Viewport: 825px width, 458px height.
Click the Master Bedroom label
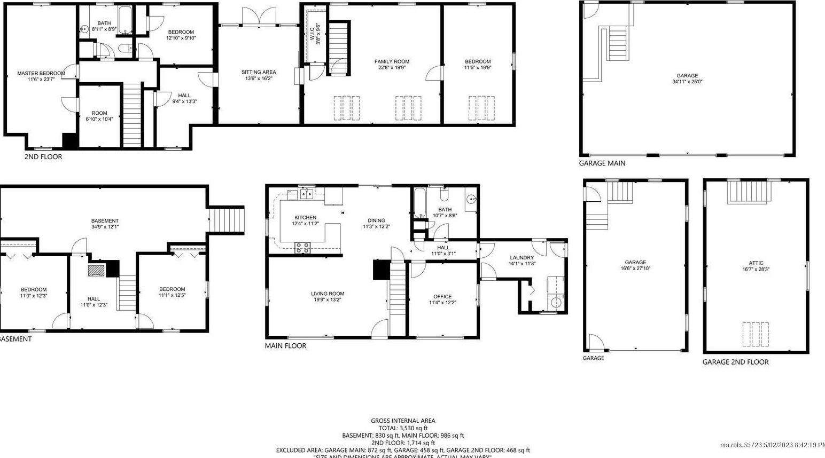pyautogui.click(x=41, y=74)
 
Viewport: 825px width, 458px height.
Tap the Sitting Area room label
pyautogui.click(x=259, y=72)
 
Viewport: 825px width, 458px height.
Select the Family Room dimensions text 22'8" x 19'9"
pyautogui.click(x=392, y=68)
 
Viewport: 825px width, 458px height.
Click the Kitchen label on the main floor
pyautogui.click(x=305, y=217)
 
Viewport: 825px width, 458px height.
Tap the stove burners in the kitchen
pyautogui.click(x=303, y=247)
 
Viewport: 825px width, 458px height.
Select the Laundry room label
pyautogui.click(x=522, y=257)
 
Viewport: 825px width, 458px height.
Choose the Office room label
pyautogui.click(x=442, y=296)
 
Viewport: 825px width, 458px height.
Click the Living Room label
pyautogui.click(x=328, y=294)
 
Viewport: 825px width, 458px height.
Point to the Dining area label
pyautogui.click(x=376, y=220)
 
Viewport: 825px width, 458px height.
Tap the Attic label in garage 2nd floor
pyautogui.click(x=756, y=263)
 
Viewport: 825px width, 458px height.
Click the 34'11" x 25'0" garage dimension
pyautogui.click(x=687, y=82)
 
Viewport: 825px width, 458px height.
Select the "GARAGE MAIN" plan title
pyautogui.click(x=602, y=163)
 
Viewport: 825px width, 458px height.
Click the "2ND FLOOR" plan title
pyautogui.click(x=43, y=156)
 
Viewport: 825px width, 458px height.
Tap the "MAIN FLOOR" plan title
pyautogui.click(x=285, y=345)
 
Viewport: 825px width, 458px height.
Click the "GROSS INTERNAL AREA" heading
pyautogui.click(x=403, y=421)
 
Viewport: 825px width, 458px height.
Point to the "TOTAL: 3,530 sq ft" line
pyautogui.click(x=403, y=428)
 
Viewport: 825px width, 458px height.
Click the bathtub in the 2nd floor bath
pyautogui.click(x=125, y=13)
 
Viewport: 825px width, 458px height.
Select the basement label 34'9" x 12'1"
pyautogui.click(x=105, y=227)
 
